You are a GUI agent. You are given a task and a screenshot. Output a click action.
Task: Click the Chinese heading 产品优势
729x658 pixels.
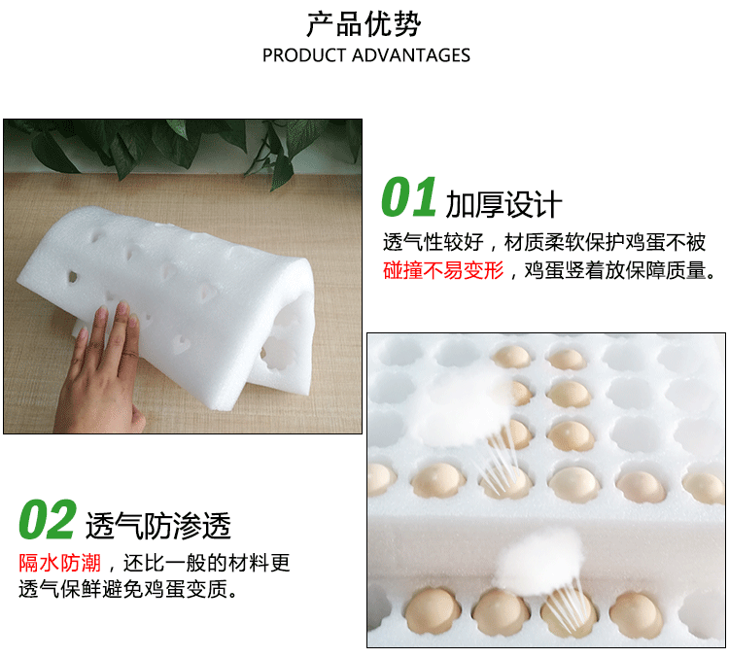[x=364, y=23]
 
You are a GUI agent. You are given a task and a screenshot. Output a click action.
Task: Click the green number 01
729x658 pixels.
[x=408, y=198]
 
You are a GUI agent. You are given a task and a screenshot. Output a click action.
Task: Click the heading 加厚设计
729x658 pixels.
[x=503, y=204]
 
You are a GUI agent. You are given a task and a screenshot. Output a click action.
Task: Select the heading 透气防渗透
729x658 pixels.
[x=158, y=526]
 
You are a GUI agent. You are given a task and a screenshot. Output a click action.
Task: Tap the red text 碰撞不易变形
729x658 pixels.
[x=444, y=270]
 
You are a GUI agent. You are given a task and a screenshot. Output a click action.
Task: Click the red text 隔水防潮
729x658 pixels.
[x=59, y=563]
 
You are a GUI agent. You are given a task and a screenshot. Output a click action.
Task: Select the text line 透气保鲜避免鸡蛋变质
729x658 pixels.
[x=126, y=590]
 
